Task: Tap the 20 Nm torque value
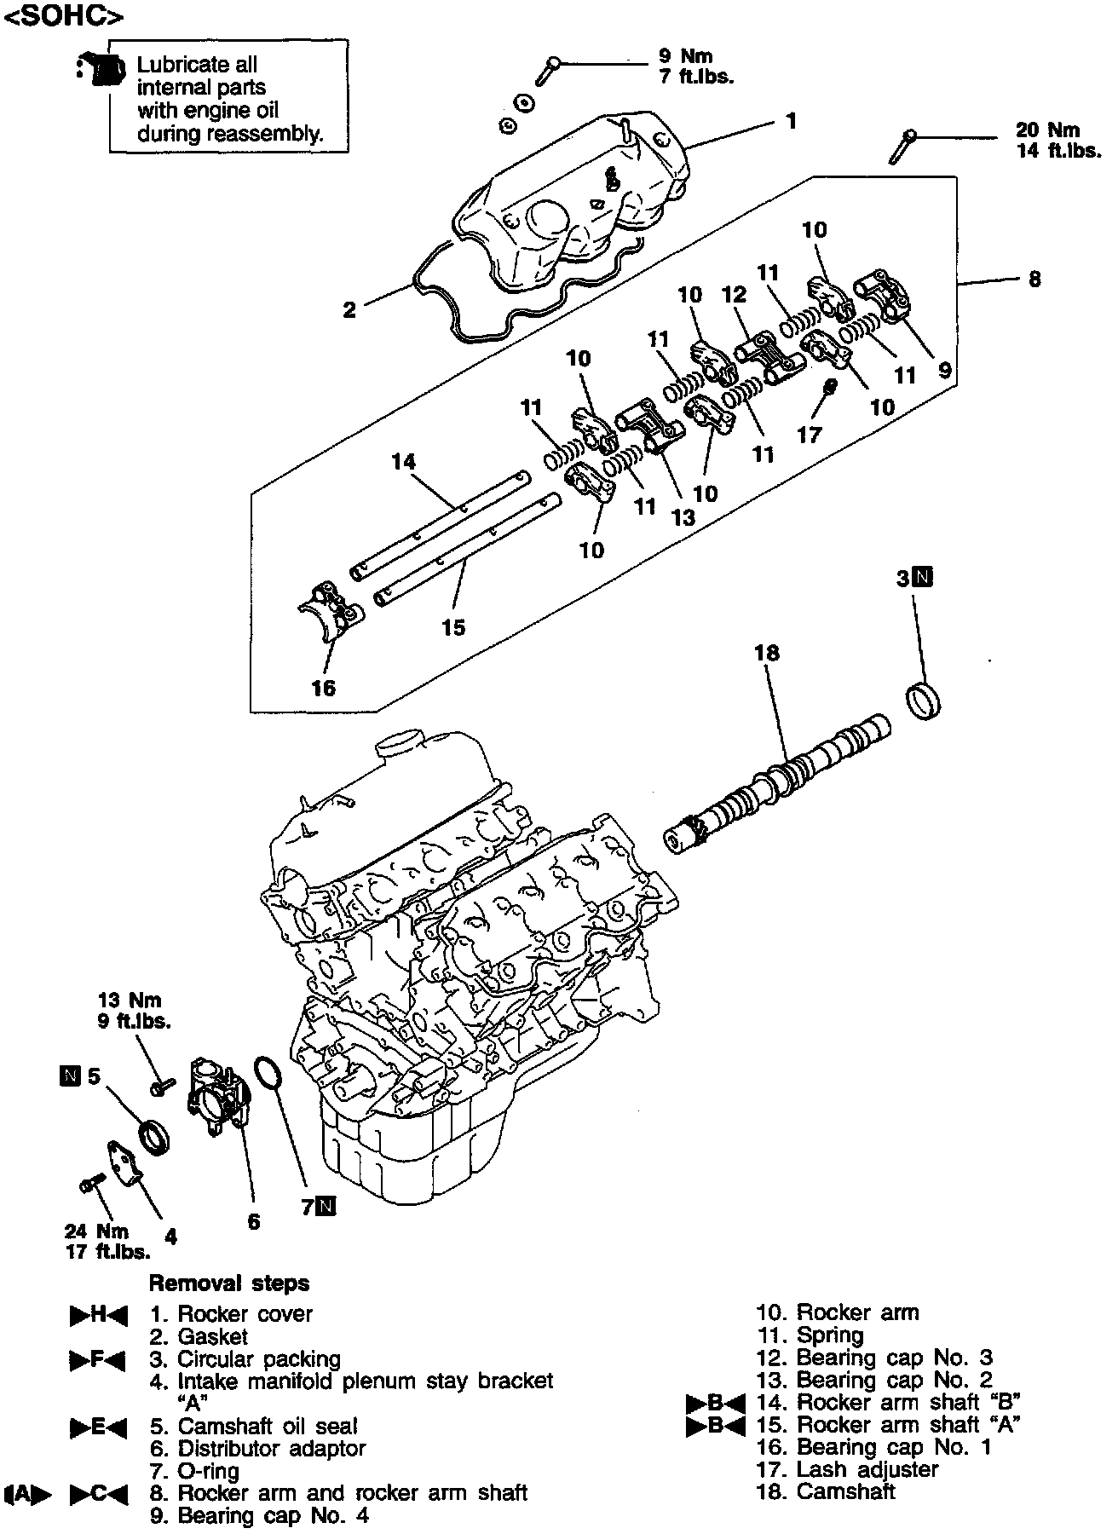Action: tap(1047, 130)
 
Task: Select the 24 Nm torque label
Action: tap(97, 1231)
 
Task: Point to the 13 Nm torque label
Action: tap(130, 1001)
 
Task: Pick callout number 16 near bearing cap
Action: tap(324, 688)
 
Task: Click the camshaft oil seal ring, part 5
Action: tap(154, 1139)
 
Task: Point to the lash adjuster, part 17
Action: tap(832, 387)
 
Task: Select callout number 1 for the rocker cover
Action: tap(792, 122)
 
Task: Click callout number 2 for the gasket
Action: tap(350, 310)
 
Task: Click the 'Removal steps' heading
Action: tap(229, 1283)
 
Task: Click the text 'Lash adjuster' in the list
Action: tap(867, 1469)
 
